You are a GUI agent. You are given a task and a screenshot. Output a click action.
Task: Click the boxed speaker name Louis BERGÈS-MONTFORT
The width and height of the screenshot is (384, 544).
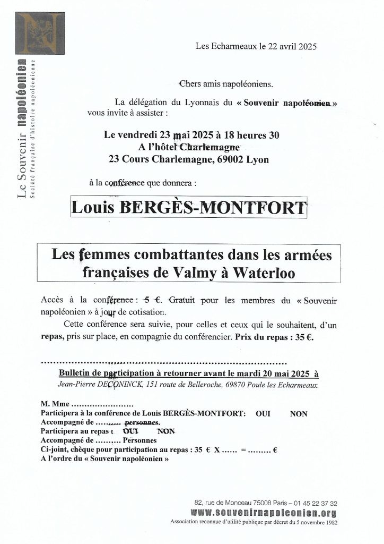[189, 207]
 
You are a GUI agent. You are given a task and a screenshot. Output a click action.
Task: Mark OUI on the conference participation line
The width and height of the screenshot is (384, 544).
[263, 414]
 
